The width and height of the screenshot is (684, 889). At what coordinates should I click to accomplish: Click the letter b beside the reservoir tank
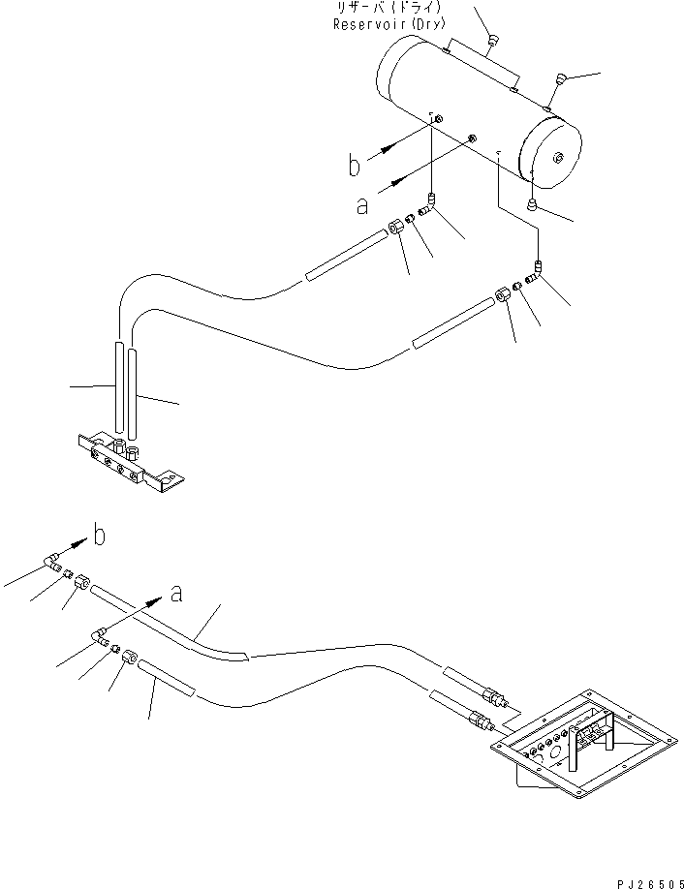coord(356,166)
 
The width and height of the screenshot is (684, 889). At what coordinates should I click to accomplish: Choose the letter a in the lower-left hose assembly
coord(175,595)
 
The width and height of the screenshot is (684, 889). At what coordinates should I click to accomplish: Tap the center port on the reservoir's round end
coord(559,158)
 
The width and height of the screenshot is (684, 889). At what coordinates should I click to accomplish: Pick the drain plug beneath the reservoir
coord(532,204)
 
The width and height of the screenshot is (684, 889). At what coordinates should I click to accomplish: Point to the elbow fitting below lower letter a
coord(100,636)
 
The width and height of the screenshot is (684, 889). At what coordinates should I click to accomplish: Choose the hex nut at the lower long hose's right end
coord(504,297)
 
